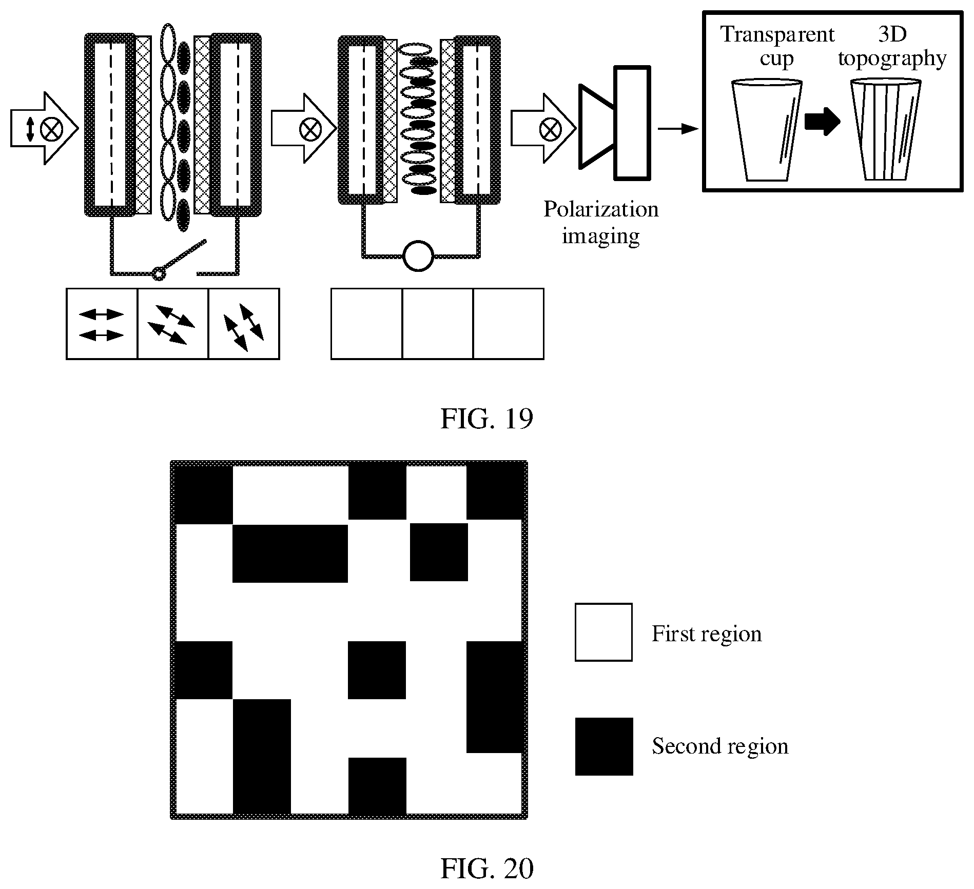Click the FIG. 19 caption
[486, 419]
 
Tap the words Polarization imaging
[601, 223]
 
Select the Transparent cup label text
[777, 47]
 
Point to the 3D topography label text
[892, 47]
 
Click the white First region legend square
[603, 632]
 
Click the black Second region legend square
[603, 746]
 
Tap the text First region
[707, 634]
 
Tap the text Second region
[720, 746]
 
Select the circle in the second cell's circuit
[418, 255]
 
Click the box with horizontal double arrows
[102, 324]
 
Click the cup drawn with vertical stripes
[886, 129]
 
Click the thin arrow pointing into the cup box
[678, 129]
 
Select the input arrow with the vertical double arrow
[44, 128]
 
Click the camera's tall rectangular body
[633, 123]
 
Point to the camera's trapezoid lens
[597, 126]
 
